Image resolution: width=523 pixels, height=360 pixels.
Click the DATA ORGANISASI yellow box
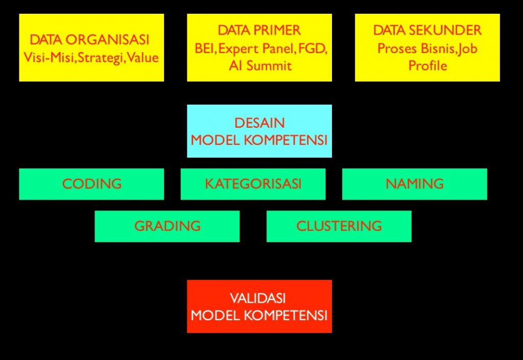pos(91,47)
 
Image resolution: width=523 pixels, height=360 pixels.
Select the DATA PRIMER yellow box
pos(259,47)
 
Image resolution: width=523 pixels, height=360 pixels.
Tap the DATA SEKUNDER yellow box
pos(427,47)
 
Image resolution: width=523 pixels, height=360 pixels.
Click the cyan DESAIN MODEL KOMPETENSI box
pos(259,131)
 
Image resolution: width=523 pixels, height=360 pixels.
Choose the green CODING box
pos(91,184)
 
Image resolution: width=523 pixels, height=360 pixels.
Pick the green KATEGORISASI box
pos(253,184)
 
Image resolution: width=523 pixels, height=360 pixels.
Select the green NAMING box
pos(414,184)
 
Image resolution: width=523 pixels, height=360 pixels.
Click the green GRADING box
pos(167,226)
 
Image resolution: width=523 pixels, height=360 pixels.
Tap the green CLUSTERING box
pos(339,226)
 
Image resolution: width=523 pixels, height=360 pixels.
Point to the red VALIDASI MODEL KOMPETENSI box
pos(259,306)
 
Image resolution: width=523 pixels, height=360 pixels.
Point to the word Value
pos(143,57)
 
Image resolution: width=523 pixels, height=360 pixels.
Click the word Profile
pos(427,66)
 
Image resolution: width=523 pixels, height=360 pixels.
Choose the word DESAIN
pos(259,123)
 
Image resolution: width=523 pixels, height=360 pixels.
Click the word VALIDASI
pos(259,298)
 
